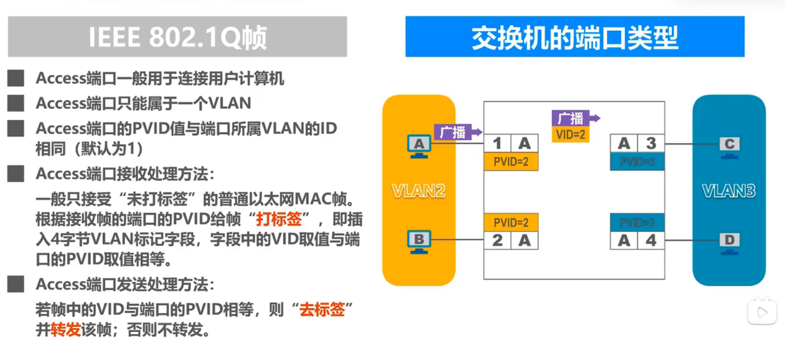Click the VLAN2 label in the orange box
pyautogui.click(x=418, y=191)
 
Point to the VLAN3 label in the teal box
pyautogui.click(x=729, y=191)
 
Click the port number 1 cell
pyautogui.click(x=497, y=143)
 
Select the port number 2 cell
pyautogui.click(x=497, y=240)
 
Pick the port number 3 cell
pyautogui.click(x=651, y=143)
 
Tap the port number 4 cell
pyautogui.click(x=651, y=240)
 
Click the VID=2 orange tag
pyautogui.click(x=571, y=135)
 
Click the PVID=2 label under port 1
pyautogui.click(x=511, y=162)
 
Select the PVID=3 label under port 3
pyautogui.click(x=637, y=162)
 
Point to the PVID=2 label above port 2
pyautogui.click(x=511, y=222)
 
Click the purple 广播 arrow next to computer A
pyautogui.click(x=457, y=132)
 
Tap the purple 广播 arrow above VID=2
pyautogui.click(x=575, y=118)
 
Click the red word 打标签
pyautogui.click(x=279, y=219)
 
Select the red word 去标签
pyautogui.click(x=322, y=310)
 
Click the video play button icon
pyautogui.click(x=762, y=312)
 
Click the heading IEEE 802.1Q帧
pyautogui.click(x=177, y=37)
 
